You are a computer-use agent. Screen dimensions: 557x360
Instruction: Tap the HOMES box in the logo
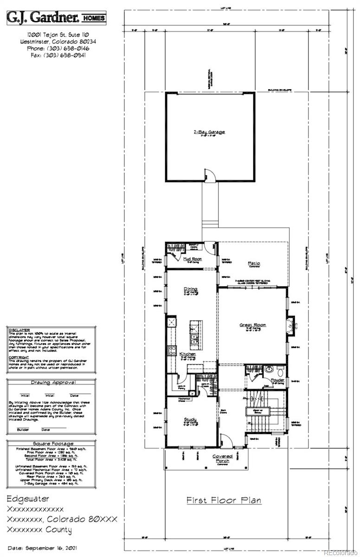[x=94, y=19]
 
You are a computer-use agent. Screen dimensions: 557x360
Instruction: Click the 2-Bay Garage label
[x=209, y=132]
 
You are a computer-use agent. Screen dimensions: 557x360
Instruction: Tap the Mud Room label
[x=191, y=259]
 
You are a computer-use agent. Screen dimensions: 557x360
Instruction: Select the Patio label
[x=253, y=264]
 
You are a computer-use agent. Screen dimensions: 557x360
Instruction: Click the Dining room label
[x=190, y=290]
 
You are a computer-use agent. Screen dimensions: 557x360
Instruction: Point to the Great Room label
[x=253, y=325]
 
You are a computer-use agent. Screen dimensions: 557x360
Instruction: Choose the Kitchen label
[x=188, y=354]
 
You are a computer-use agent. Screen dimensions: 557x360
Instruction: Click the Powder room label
[x=277, y=380]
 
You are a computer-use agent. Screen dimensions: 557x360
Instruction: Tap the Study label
[x=190, y=420]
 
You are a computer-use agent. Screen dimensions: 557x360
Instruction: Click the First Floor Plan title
[x=224, y=500]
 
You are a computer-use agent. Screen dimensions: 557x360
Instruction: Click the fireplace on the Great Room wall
[x=290, y=325]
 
